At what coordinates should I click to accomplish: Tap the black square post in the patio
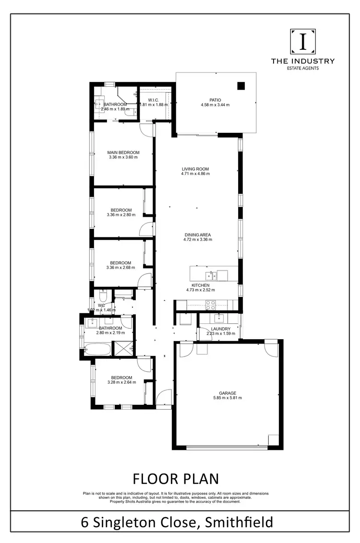coord(241,86)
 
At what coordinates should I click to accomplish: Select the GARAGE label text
coord(228,392)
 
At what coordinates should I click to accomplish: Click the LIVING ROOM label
coord(195,169)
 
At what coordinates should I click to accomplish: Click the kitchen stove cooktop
coord(210,305)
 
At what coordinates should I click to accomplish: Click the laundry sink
coord(220,317)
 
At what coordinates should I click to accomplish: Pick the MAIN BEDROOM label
coord(123,153)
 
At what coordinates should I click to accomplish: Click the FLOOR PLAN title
coord(175,479)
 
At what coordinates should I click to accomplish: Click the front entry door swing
coord(163,397)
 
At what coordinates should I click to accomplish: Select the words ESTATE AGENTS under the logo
coord(302,68)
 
